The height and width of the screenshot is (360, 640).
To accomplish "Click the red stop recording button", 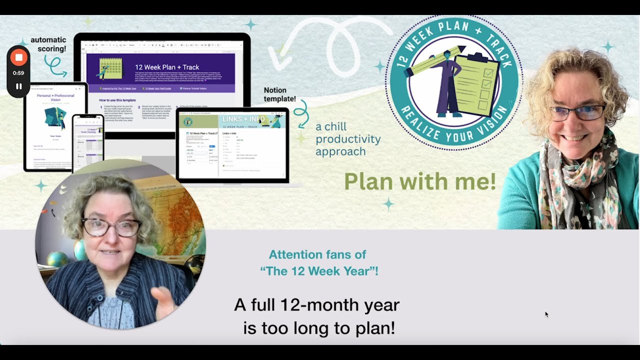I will pos(18,57).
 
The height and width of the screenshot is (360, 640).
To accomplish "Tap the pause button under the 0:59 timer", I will pos(18,86).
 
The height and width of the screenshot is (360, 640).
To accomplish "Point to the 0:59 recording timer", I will pos(18,73).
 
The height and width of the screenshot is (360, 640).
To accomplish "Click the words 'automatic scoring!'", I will pos(48,44).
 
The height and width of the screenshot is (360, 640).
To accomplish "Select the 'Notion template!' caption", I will pos(280,94).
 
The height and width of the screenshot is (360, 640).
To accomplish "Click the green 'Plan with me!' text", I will pos(420,182).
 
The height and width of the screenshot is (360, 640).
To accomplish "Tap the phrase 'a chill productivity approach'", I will pos(348,139).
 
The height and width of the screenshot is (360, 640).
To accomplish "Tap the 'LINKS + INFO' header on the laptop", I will pos(243,119).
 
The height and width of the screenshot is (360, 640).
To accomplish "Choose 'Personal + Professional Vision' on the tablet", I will pos(55,97).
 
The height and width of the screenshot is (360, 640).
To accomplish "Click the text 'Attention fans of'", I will pos(317,254).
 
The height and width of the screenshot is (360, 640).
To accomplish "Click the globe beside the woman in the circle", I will pos(57,259).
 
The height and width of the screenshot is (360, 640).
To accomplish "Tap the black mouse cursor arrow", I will pos(546,314).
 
